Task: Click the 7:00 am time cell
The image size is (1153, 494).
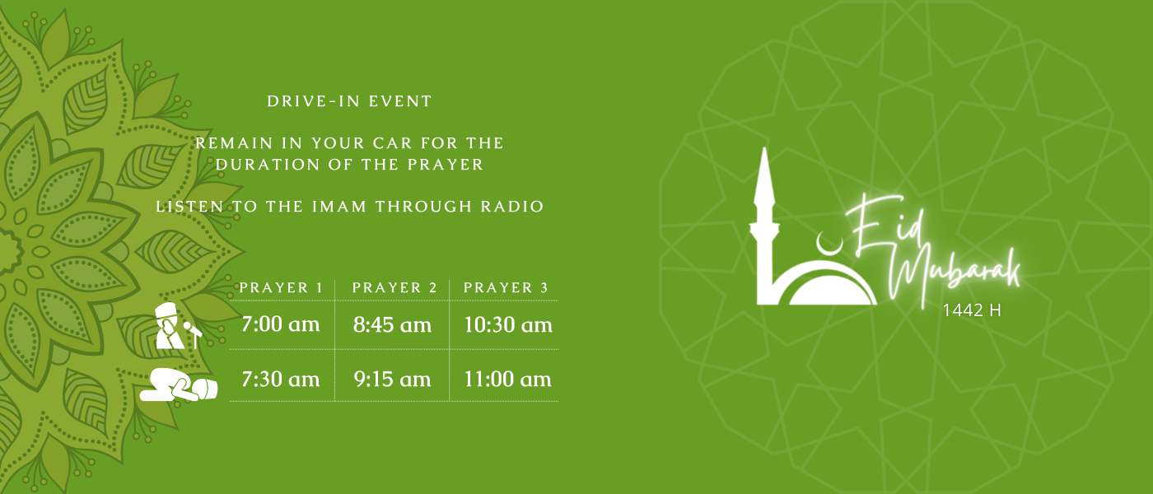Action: click(x=281, y=324)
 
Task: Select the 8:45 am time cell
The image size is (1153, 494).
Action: click(x=392, y=324)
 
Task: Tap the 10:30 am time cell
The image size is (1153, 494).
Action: click(x=508, y=324)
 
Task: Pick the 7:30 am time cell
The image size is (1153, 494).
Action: click(x=281, y=380)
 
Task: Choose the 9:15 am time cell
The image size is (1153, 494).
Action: click(x=392, y=380)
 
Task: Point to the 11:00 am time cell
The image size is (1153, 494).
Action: click(x=507, y=380)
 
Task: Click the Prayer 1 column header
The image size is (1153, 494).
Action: click(x=281, y=287)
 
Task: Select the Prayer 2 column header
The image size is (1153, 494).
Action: click(x=394, y=287)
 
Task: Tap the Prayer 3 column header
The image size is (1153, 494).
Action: click(x=506, y=287)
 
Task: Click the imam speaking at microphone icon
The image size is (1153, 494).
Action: click(x=178, y=326)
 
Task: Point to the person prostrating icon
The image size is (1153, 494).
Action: click(x=179, y=384)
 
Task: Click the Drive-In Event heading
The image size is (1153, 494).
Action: click(x=349, y=101)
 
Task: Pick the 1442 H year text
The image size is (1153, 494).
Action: click(x=972, y=310)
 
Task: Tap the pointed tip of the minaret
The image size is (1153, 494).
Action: click(x=765, y=149)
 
